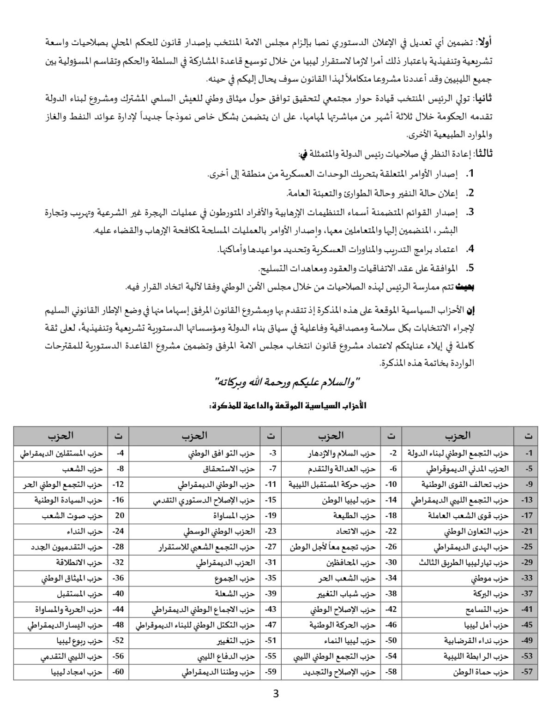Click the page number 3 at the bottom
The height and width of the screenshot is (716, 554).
pyautogui.click(x=276, y=693)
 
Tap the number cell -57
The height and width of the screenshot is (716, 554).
pyautogui.click(x=527, y=672)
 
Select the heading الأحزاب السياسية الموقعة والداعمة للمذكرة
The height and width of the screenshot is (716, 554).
pyautogui.click(x=288, y=406)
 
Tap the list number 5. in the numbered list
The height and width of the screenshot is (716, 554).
pyautogui.click(x=470, y=267)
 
